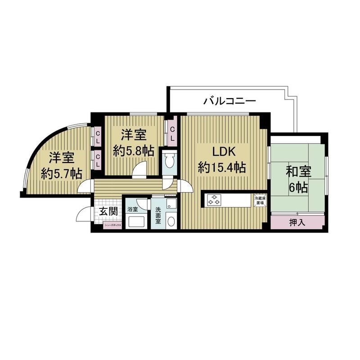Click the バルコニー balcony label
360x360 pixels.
pyautogui.click(x=229, y=100)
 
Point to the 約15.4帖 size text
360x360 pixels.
pyautogui.click(x=222, y=168)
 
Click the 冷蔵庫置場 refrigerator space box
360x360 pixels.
pyautogui.click(x=260, y=200)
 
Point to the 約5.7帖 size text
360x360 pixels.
pyautogui.click(x=61, y=173)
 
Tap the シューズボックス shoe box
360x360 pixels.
pyautogui.click(x=112, y=224)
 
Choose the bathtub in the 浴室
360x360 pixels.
pyautogui.click(x=135, y=221)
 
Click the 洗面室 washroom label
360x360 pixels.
pyautogui.click(x=158, y=212)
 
